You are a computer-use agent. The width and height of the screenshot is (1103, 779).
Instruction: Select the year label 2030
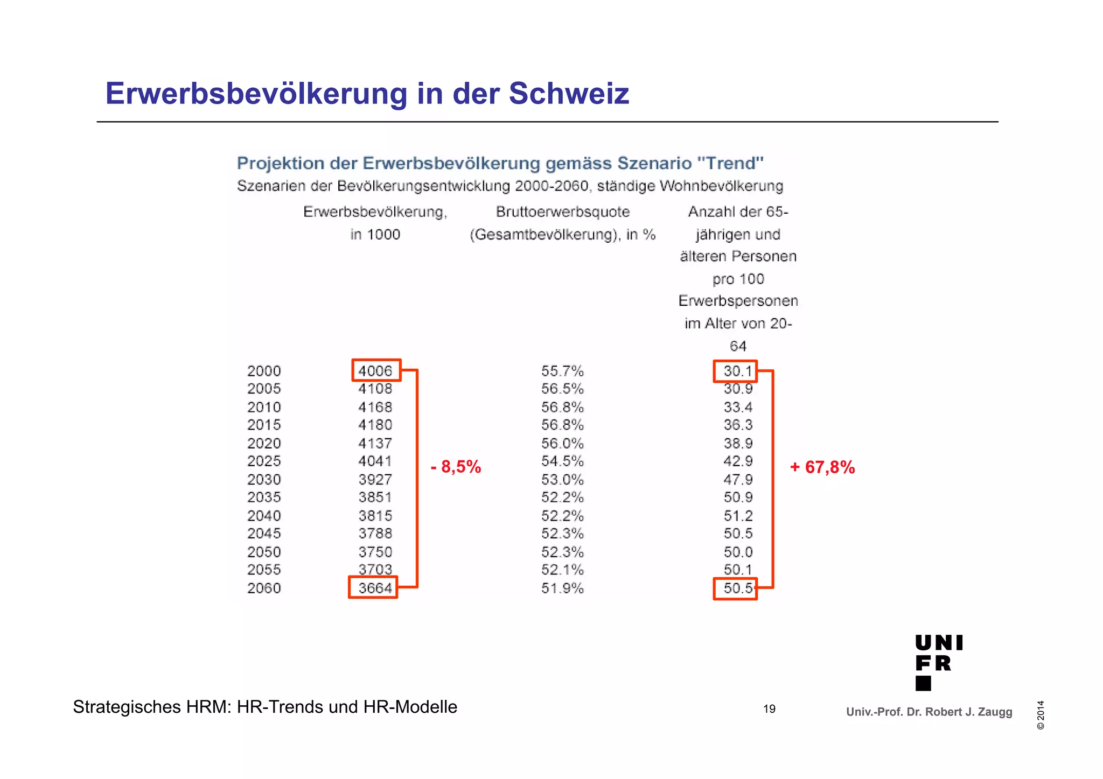coord(264,479)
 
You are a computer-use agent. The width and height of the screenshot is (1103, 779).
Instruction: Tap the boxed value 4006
coord(375,371)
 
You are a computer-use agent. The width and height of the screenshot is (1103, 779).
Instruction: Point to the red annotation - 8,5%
coord(456,467)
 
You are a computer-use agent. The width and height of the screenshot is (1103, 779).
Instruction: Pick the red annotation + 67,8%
coord(822,467)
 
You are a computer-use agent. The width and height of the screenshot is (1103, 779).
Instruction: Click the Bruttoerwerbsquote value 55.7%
coord(562,371)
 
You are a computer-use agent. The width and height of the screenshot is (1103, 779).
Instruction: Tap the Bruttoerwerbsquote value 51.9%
coord(562,588)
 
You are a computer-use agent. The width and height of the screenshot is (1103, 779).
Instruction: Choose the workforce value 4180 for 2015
coord(375,425)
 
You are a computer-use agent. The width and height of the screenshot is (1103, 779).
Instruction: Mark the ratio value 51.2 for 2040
coord(738,516)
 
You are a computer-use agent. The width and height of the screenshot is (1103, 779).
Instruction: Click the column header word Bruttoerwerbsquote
coord(562,212)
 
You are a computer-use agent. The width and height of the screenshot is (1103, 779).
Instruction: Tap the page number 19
coord(769,709)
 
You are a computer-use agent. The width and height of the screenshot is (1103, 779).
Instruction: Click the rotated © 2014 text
coord(1041,715)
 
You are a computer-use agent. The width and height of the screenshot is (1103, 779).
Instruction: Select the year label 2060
coord(264,588)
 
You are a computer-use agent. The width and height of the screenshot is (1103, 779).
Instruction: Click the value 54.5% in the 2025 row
coord(562,461)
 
